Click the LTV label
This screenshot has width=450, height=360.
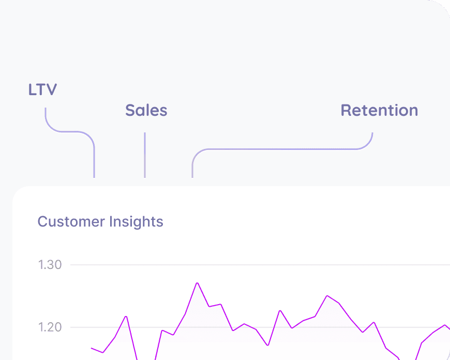42,89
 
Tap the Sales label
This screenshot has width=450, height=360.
146,110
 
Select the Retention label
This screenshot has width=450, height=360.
379,110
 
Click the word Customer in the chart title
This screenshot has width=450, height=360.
71,221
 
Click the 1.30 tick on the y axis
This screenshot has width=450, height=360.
50,265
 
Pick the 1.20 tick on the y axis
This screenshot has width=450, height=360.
50,327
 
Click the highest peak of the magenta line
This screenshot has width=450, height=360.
197,283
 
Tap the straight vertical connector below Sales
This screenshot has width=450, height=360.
145,155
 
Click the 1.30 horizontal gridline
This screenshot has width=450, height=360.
260,265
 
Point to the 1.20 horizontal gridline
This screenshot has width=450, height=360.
260,327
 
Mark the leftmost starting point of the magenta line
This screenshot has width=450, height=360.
91,348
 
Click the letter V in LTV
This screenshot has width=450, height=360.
51,89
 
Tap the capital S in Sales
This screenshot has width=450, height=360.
130,110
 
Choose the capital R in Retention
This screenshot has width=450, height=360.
347,110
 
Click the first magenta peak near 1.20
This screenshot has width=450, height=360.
126,317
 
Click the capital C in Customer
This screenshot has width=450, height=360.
42,221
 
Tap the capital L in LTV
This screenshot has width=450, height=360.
32,89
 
